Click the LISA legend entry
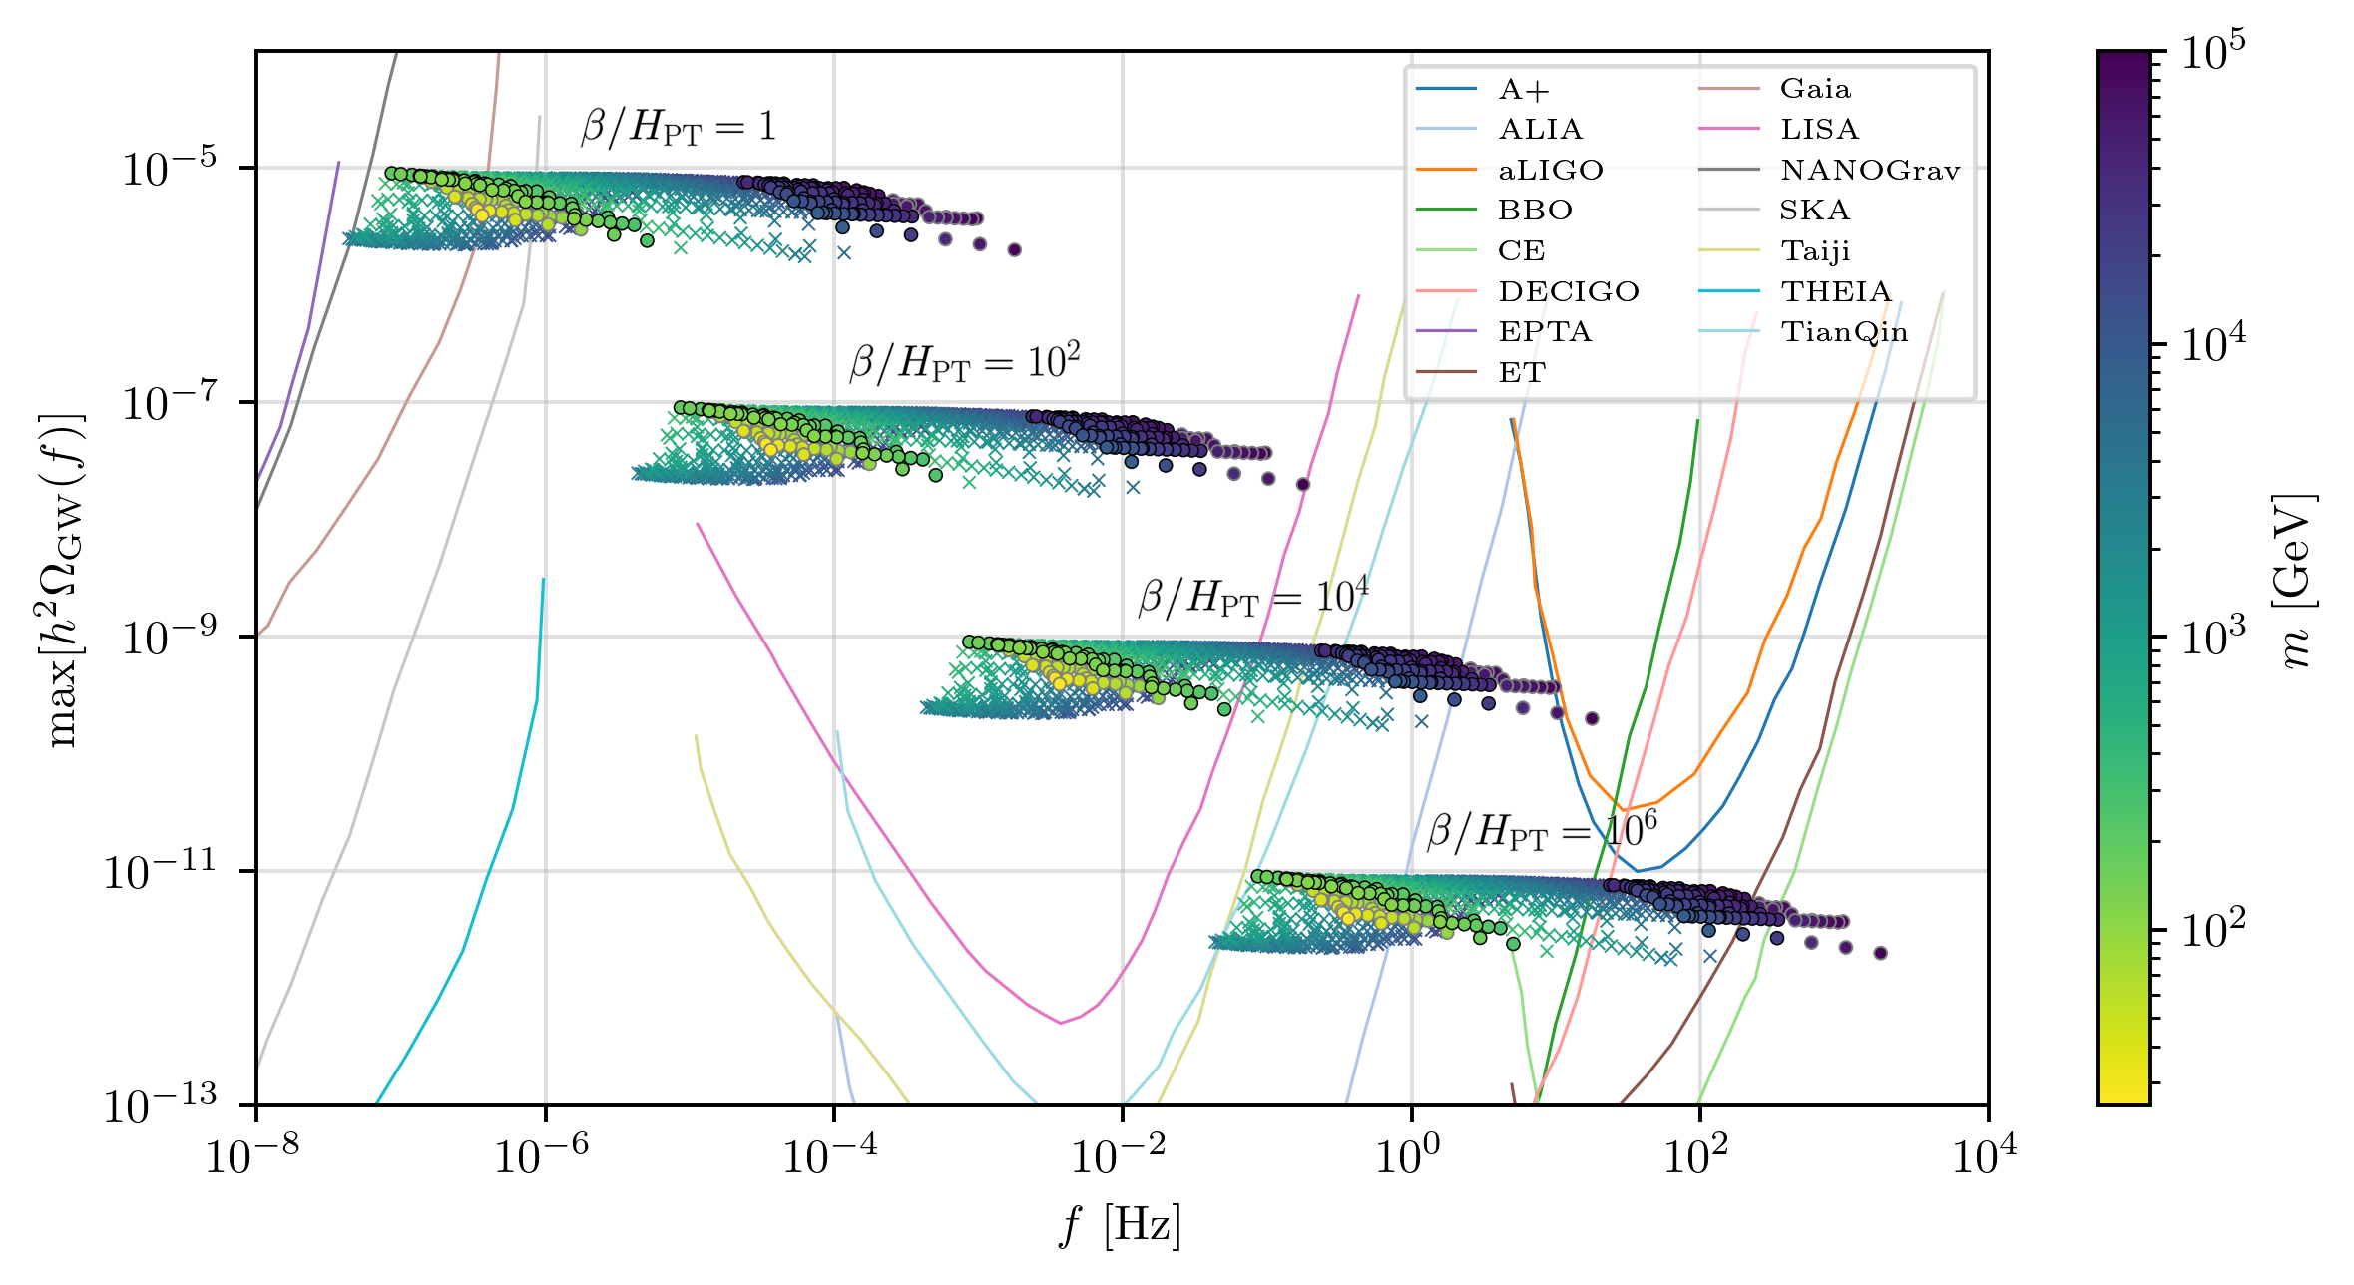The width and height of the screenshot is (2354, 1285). tap(1778, 130)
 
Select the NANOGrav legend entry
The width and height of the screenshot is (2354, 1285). tap(1829, 171)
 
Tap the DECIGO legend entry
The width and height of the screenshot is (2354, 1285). tap(1528, 292)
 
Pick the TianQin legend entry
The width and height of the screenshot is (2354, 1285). tap(1803, 332)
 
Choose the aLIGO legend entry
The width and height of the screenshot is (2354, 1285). tap(1510, 171)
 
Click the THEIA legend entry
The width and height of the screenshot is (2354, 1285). tap(1795, 292)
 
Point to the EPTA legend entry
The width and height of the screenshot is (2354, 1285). tap(1504, 332)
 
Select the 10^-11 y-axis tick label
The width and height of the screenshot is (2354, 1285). tap(160, 871)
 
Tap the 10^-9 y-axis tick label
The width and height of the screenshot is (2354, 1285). tap(169, 637)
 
